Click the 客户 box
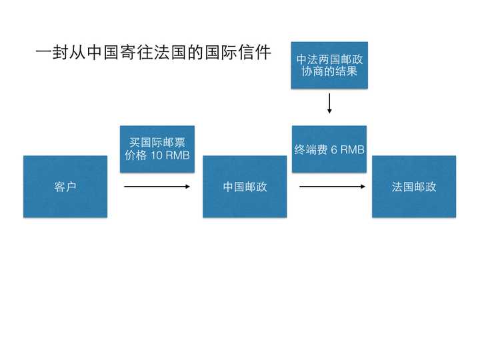pyautogui.click(x=65, y=187)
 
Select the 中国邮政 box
pyautogui.click(x=245, y=187)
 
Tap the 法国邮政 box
pyautogui.click(x=413, y=187)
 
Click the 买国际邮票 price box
pyautogui.click(x=157, y=149)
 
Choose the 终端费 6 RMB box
pyautogui.click(x=329, y=149)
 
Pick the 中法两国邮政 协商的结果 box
pyautogui.click(x=329, y=65)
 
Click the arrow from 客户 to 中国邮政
pyautogui.click(x=157, y=187)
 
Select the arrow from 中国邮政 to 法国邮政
pyautogui.click(x=333, y=187)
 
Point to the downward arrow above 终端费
pyautogui.click(x=329, y=103)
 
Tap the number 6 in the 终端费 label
pyautogui.click(x=334, y=150)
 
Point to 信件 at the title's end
pyautogui.click(x=255, y=53)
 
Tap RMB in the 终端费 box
pyautogui.click(x=352, y=150)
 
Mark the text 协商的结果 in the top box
pyautogui.click(x=329, y=72)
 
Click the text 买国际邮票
pyautogui.click(x=157, y=141)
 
